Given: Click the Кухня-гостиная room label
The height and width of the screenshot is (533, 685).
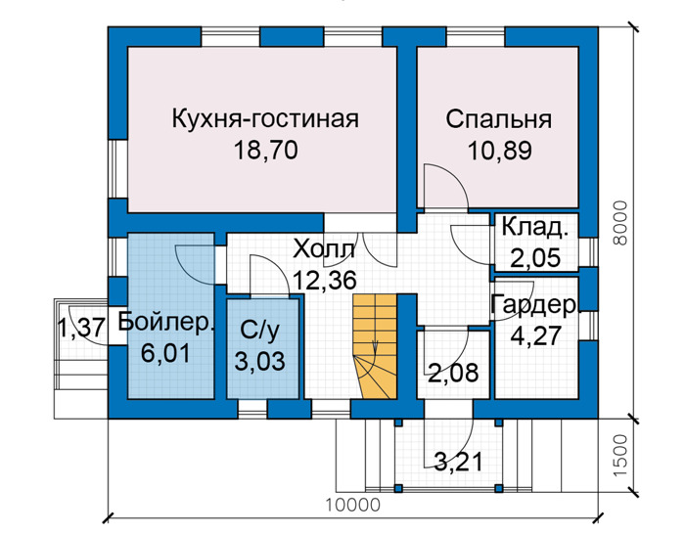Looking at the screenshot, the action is pos(265,118).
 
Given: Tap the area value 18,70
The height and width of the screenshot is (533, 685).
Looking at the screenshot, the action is pos(265,151).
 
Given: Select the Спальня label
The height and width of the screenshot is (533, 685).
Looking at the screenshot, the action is pos(498,119).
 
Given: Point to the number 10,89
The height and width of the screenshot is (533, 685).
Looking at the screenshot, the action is pos(499,151).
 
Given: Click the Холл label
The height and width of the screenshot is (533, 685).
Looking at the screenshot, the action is pos(324,249).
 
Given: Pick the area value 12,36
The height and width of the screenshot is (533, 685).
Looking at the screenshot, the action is pos(324,280).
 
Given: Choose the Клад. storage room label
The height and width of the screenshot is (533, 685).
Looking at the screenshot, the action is pos(535,227).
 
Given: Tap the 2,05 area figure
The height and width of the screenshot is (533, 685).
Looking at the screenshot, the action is pos(535,257).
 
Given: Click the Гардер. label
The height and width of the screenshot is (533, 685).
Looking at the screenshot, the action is pos(536,305).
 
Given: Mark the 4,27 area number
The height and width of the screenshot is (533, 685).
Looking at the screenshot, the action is pos(536,336).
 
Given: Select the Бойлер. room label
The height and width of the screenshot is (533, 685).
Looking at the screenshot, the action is pos(167,322).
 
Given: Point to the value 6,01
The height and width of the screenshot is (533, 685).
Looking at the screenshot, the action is pos(166,353).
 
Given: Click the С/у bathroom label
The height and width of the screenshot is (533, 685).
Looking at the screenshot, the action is pos(259,331).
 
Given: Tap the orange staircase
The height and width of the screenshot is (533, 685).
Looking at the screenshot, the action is pos(375,346).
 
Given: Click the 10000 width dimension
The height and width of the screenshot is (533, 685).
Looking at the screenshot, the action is pos(353,506).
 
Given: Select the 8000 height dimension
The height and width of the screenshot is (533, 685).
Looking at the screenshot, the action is pos(619,223).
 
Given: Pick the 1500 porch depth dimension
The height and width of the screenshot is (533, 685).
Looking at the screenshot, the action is pos(619,456).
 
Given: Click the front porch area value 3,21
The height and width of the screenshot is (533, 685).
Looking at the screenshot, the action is pos(459,462).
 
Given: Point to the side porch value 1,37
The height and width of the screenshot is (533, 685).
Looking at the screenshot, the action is pos(81,328).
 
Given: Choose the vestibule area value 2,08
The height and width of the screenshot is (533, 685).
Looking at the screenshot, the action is pos(453,374).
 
